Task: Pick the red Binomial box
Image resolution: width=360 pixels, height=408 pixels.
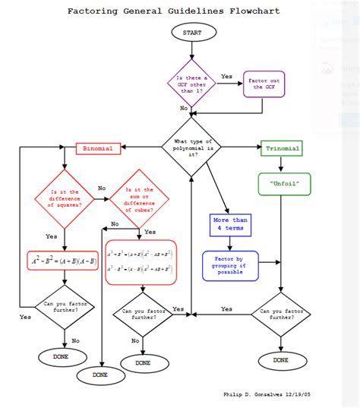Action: [98, 149]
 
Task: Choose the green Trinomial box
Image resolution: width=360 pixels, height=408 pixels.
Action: [282, 149]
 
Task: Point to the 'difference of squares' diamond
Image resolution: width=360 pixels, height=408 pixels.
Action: [65, 199]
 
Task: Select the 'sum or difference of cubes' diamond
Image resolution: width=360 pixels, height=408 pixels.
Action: [139, 199]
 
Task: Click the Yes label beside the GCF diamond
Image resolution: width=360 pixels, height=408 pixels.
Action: [226, 76]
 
